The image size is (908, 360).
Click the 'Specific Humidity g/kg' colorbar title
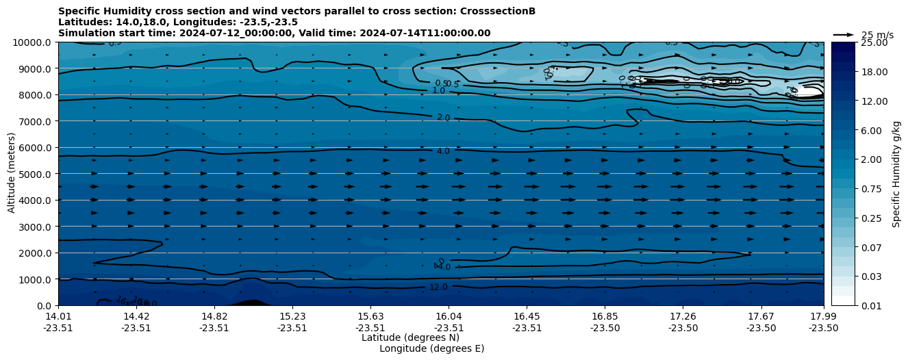(896, 174)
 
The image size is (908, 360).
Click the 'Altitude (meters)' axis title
(12, 174)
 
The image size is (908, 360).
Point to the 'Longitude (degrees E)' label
(431, 348)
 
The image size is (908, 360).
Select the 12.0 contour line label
(438, 287)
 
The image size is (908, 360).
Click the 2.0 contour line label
(443, 118)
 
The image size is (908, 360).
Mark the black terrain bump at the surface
(251, 302)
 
